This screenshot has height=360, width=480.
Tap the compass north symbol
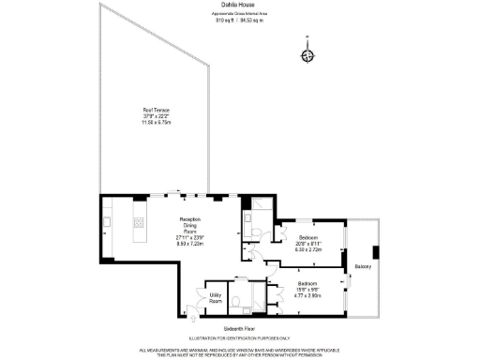(307, 54)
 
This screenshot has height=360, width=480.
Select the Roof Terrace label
(142, 111)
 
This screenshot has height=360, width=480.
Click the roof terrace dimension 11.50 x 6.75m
(142, 122)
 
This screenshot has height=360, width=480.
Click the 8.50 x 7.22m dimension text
(190, 242)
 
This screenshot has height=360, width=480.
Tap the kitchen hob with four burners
(140, 223)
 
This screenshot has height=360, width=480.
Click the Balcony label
(363, 267)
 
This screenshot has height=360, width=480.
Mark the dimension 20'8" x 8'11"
(308, 244)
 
